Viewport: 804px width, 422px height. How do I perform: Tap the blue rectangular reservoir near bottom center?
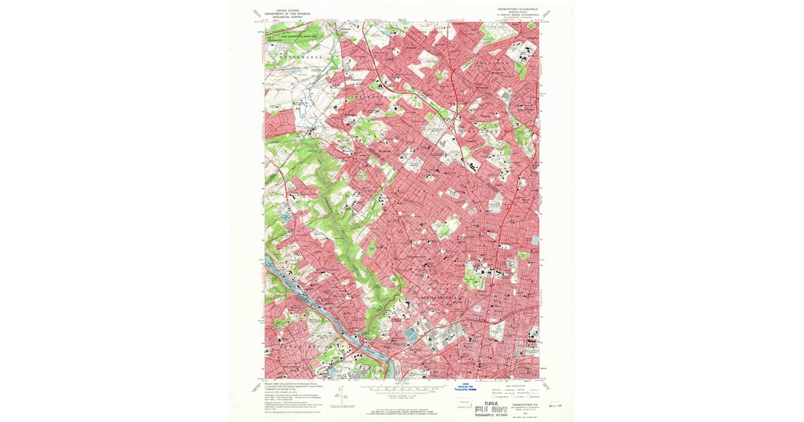click(409, 333)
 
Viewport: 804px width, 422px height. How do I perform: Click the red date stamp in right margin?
click(555, 404)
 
